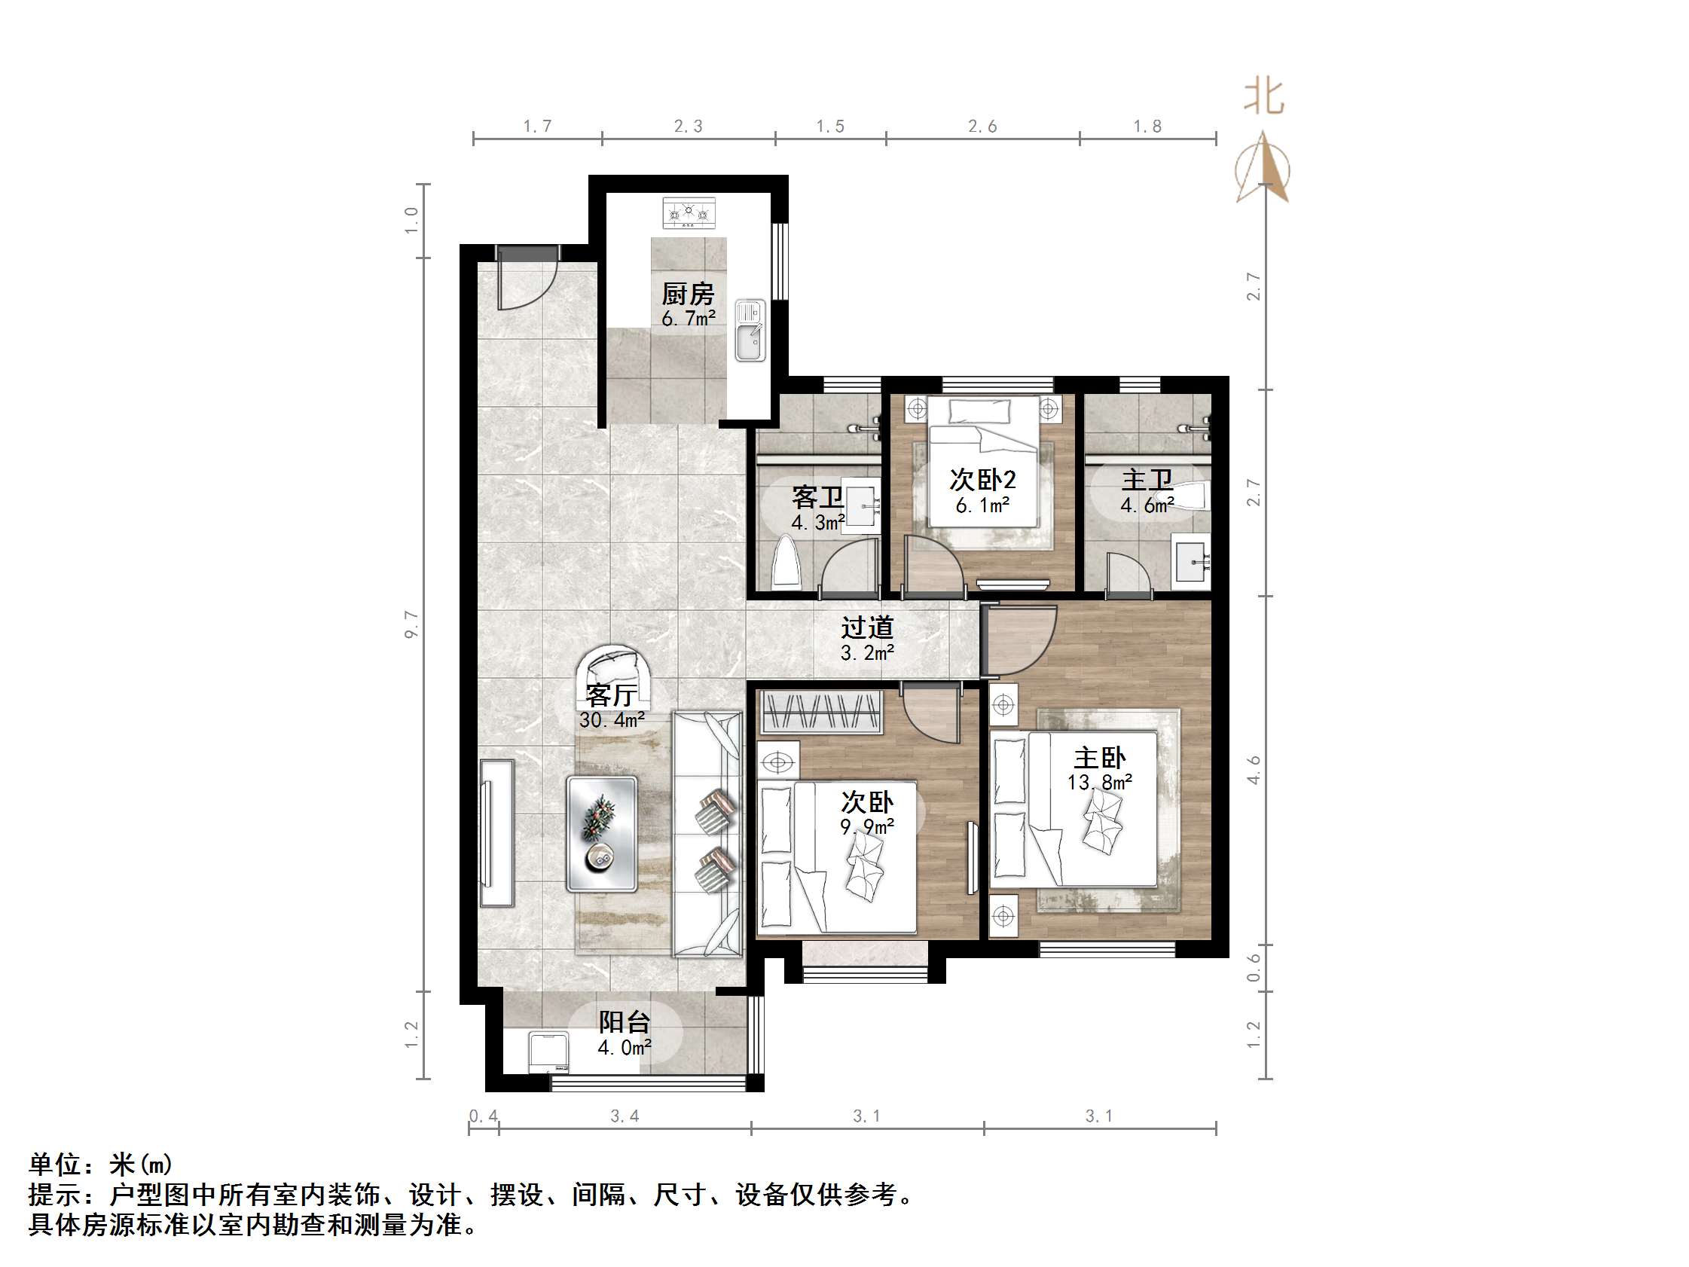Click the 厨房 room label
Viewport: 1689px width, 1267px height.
pos(688,294)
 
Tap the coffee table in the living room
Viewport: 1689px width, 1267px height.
pos(602,833)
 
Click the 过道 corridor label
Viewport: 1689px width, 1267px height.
pos(866,627)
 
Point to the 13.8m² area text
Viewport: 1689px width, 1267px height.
pos(1099,782)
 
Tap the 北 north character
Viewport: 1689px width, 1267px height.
pos(1263,98)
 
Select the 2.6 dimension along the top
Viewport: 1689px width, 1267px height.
pos(982,127)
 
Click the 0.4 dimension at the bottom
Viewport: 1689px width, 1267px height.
pos(484,1116)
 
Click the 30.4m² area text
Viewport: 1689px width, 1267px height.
pos(612,719)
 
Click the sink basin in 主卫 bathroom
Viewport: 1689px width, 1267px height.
pos(1191,563)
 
